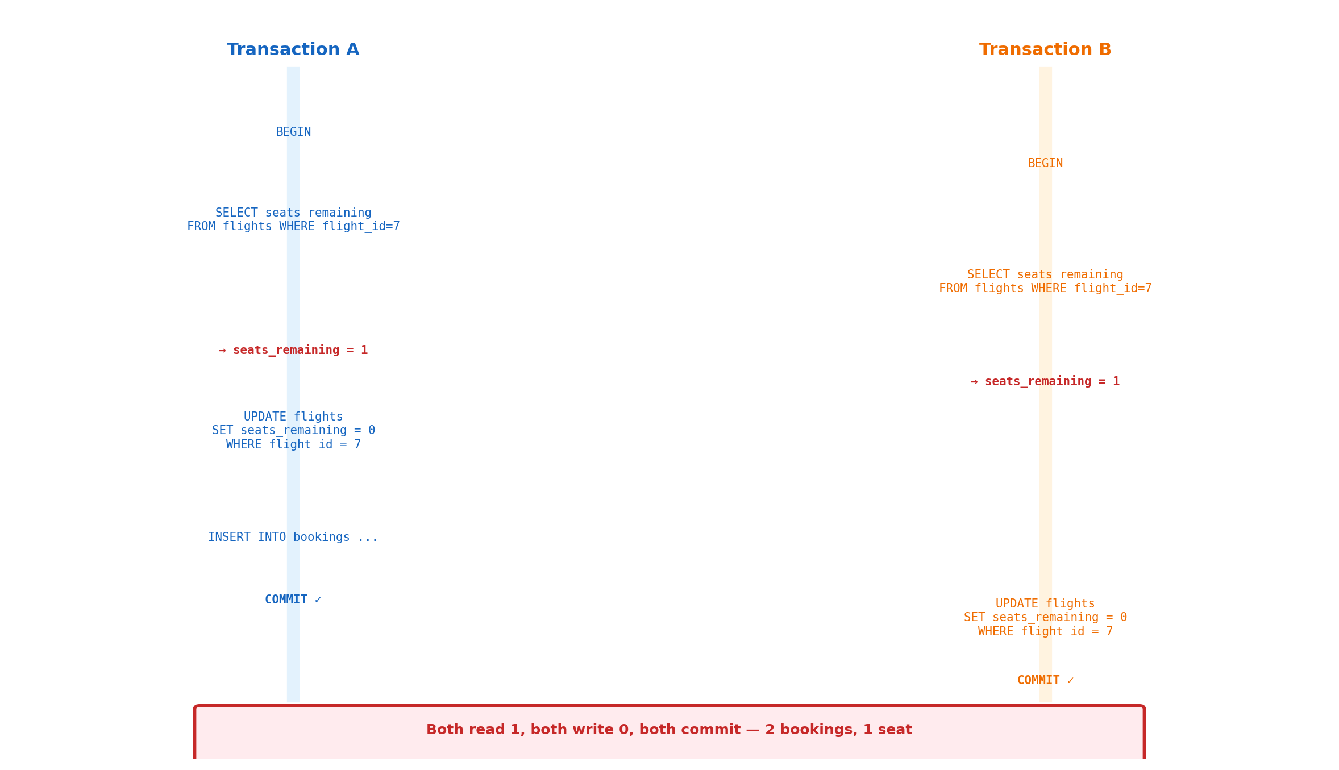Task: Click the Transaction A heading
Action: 293,50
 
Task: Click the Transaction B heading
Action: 1045,50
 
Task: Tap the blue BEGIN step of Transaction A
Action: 293,132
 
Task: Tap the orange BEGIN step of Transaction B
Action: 1045,164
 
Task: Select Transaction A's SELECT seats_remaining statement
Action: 293,220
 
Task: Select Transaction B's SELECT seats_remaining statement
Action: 1045,282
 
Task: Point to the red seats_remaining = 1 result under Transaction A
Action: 300,351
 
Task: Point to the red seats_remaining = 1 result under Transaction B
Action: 1052,382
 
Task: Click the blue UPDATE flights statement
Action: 293,431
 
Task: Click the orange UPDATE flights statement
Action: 1045,618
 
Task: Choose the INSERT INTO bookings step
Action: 293,538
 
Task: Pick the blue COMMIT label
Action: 286,600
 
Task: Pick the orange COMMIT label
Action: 1038,681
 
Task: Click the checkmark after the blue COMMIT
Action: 318,600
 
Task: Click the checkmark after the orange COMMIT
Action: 1070,681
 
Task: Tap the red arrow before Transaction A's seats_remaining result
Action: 222,351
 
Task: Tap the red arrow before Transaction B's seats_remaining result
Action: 974,382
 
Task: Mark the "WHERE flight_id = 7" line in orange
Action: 1045,632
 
